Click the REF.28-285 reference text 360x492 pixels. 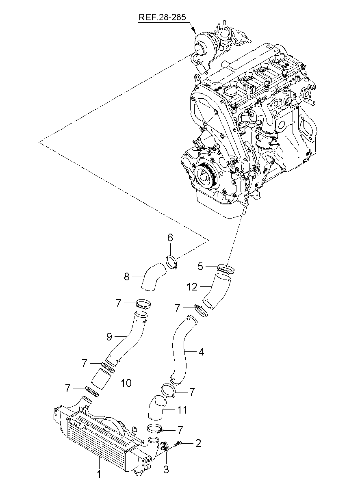click(162, 17)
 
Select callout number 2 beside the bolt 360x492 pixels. click(198, 443)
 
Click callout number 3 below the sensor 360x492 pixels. click(166, 470)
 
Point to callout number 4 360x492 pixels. click(201, 351)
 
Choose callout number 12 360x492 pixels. click(193, 286)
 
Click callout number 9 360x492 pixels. click(109, 336)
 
